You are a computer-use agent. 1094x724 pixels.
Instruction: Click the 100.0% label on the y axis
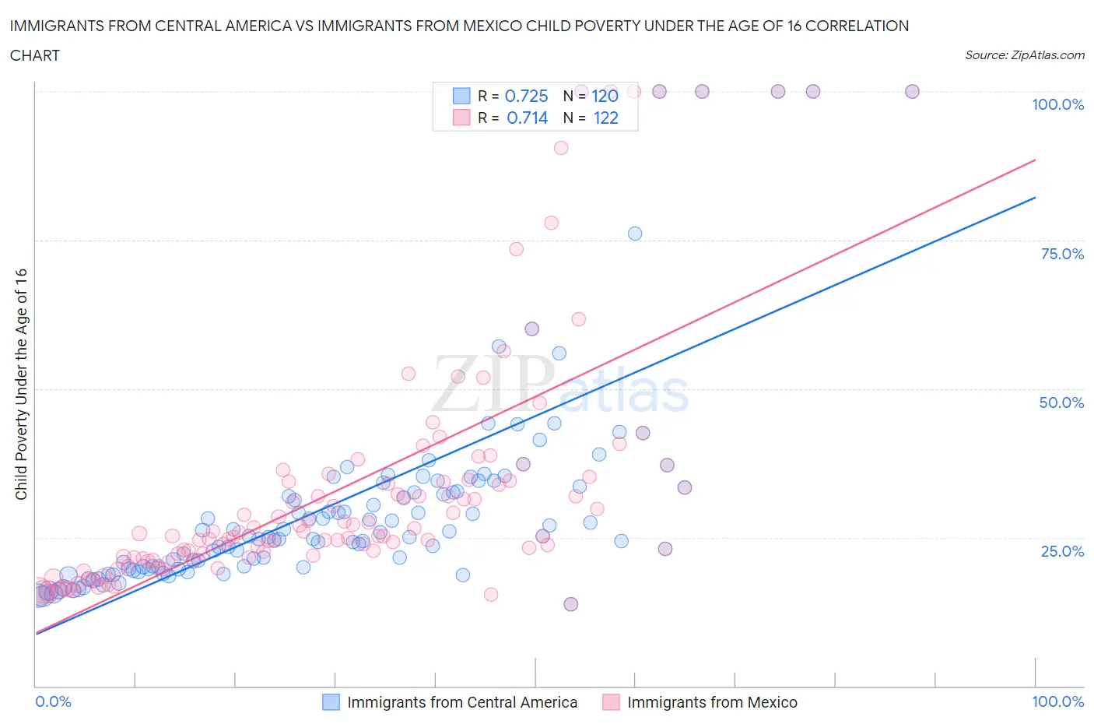[x=1057, y=105]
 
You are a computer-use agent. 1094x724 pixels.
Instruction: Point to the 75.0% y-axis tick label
[x=1062, y=254]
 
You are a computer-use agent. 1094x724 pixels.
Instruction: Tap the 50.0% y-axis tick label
[x=1061, y=402]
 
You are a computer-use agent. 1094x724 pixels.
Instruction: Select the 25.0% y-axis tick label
[x=1062, y=551]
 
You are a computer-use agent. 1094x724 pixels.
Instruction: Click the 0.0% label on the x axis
[x=53, y=701]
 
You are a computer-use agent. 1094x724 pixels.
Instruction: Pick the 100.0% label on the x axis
[x=1057, y=701]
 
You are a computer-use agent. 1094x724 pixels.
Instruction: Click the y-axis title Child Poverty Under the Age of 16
[x=21, y=384]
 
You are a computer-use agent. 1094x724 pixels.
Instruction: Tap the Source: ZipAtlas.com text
[x=1024, y=55]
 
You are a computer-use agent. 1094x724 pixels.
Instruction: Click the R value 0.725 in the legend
[x=527, y=97]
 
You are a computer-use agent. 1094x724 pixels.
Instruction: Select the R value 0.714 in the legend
[x=527, y=118]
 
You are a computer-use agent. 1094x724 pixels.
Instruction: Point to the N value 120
[x=605, y=97]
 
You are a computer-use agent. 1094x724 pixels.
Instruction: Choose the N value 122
[x=605, y=118]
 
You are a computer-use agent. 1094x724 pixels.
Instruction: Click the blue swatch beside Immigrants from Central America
[x=331, y=702]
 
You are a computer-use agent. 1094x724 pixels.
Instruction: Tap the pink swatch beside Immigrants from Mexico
[x=611, y=702]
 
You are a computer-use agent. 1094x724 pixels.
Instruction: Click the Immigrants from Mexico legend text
[x=712, y=702]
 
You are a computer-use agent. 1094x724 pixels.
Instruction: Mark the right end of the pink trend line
[x=1035, y=160]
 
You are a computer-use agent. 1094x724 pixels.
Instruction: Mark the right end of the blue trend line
[x=1035, y=197]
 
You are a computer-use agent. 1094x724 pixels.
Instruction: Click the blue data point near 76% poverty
[x=635, y=234]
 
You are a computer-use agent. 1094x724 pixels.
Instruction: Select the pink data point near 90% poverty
[x=560, y=148]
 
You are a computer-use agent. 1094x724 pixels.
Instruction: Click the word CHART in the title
[x=35, y=55]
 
